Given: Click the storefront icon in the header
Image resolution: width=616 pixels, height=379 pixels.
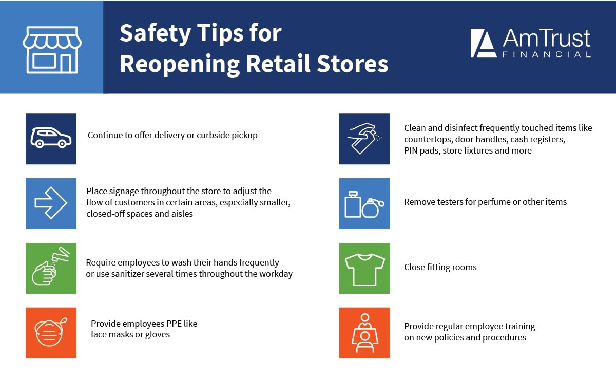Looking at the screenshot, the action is (52, 50).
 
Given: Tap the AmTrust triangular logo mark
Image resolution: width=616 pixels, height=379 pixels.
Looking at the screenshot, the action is (484, 43).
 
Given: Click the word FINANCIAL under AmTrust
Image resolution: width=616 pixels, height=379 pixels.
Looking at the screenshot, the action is (546, 54).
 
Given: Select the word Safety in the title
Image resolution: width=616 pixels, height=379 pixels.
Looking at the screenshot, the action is (156, 34).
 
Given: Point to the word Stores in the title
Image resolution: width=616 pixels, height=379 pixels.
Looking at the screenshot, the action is (352, 64).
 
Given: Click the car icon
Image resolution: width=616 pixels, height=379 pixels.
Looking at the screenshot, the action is (51, 138).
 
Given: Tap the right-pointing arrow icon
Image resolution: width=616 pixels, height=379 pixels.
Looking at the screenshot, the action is (51, 203).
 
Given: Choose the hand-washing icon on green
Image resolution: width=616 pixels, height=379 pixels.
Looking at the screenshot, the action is (51, 266).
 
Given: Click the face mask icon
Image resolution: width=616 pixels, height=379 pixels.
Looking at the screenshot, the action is (51, 332).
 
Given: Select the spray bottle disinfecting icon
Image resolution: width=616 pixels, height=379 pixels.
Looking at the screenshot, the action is (364, 138).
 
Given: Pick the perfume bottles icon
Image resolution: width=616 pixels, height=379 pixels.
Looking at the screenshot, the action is (364, 204).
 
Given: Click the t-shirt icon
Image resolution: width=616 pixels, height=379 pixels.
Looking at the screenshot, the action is (364, 270).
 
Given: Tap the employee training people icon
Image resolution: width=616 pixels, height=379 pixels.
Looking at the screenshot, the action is (365, 333).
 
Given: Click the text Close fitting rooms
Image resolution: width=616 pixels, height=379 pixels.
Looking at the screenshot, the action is (440, 268).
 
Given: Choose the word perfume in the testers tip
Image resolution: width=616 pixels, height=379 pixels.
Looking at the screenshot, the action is (494, 202).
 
